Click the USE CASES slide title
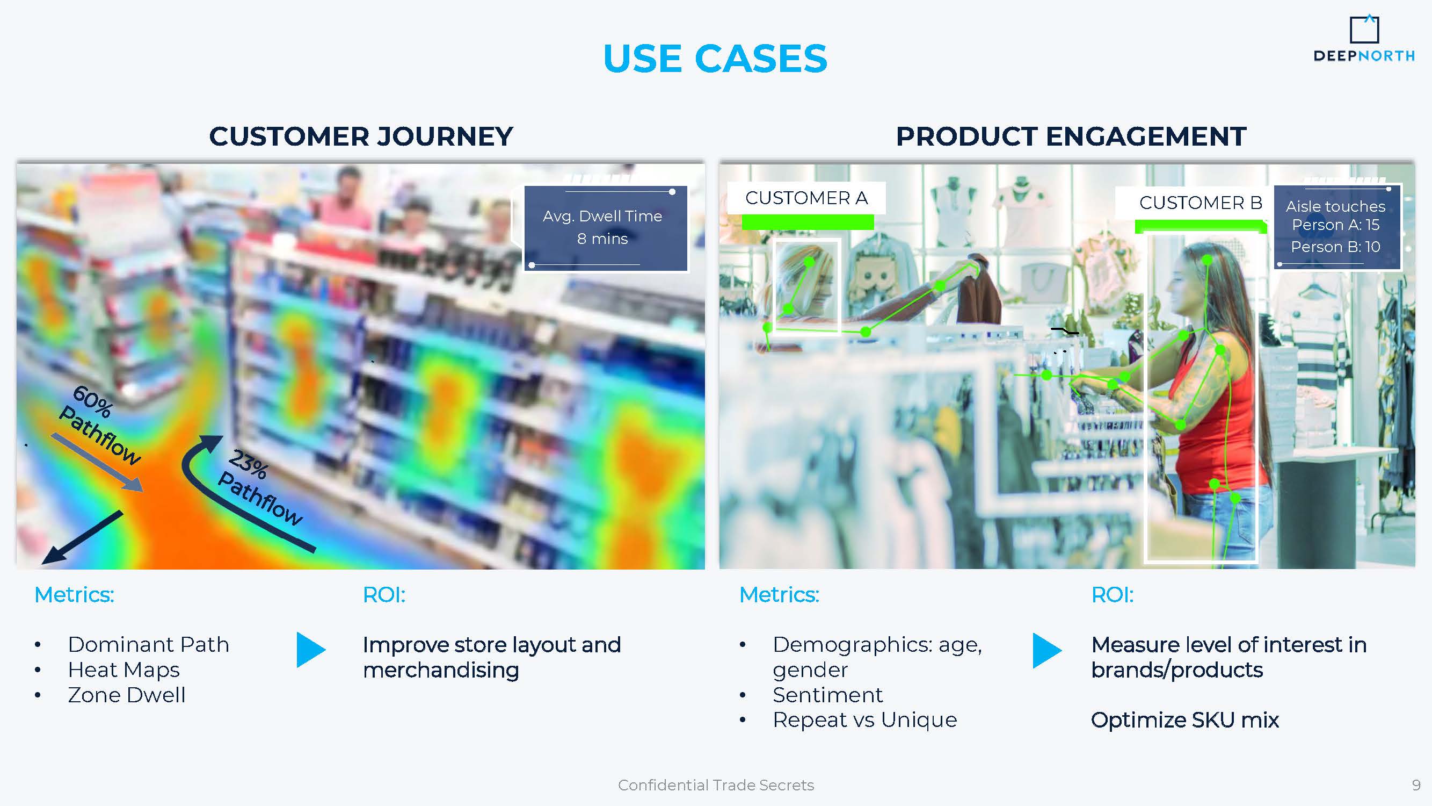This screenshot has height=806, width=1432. tap(715, 59)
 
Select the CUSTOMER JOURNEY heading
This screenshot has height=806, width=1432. tap(361, 136)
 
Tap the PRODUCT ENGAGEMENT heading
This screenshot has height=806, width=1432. tap(1071, 136)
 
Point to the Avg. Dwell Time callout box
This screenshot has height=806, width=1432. tap(606, 228)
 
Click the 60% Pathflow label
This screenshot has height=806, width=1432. tap(100, 426)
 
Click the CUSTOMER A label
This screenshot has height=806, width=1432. tap(806, 198)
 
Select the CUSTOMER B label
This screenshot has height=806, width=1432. tap(1201, 203)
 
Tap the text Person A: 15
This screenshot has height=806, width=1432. tap(1335, 225)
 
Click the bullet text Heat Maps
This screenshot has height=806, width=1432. tap(123, 670)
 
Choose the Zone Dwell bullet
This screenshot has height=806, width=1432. tap(127, 695)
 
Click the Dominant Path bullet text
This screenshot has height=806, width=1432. tap(148, 644)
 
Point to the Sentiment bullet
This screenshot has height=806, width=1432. tap(827, 695)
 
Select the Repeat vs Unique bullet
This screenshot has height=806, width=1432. tap(865, 720)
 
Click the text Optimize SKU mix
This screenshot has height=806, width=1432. tap(1184, 720)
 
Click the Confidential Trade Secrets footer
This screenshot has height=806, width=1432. tap(716, 785)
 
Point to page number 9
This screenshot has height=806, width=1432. tap(1416, 785)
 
